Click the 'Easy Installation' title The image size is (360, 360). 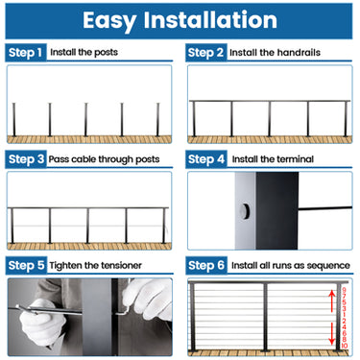(180, 19)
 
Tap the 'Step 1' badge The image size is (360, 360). (26, 53)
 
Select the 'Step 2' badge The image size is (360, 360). (206, 53)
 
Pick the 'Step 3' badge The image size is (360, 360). (26, 158)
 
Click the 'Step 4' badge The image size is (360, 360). (206, 158)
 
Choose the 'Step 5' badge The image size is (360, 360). (26, 264)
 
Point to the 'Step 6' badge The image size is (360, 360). (206, 264)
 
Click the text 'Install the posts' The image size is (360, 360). (84, 53)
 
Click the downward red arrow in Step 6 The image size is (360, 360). (333, 334)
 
